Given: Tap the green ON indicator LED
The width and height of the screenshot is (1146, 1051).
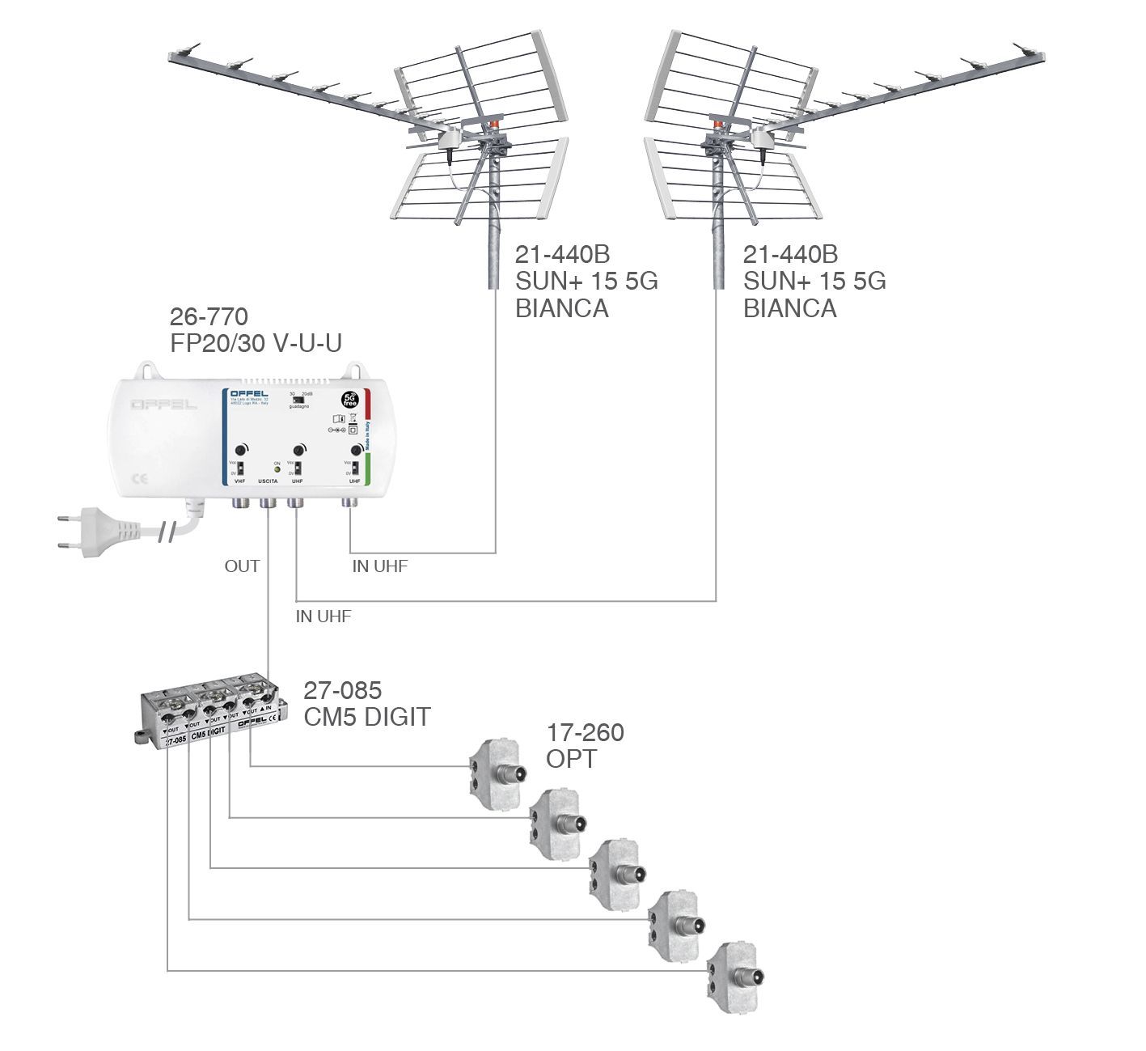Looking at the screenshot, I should pyautogui.click(x=277, y=469).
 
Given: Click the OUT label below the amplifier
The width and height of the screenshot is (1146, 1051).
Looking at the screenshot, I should pyautogui.click(x=242, y=566).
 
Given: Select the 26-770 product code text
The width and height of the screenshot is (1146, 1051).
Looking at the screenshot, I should pyautogui.click(x=208, y=316).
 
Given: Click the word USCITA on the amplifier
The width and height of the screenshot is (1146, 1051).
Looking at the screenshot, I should pyautogui.click(x=268, y=481).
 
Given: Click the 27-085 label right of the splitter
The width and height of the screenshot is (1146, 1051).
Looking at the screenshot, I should pyautogui.click(x=342, y=690).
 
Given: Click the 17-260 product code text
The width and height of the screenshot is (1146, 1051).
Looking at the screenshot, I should pyautogui.click(x=585, y=733).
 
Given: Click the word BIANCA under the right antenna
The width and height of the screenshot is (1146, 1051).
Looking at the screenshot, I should pyautogui.click(x=789, y=308).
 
